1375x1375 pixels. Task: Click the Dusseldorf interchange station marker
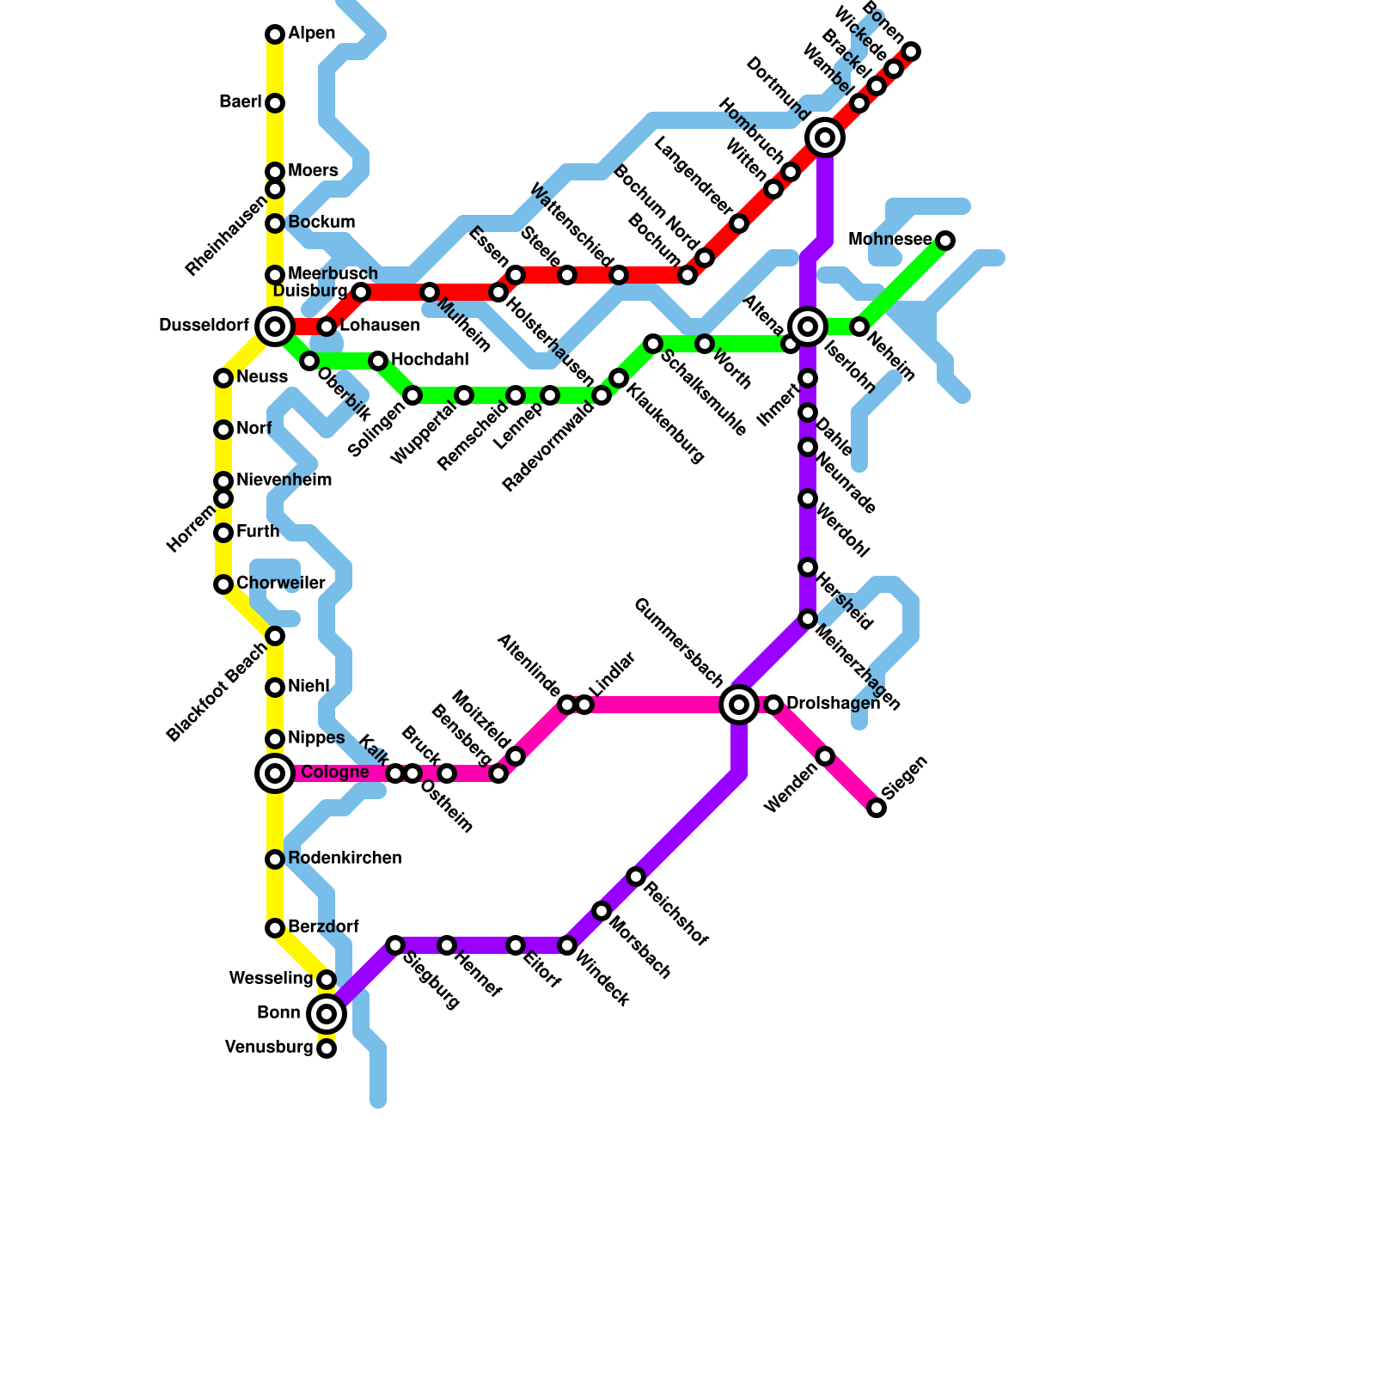tap(275, 327)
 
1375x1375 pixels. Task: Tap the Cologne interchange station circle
tap(275, 773)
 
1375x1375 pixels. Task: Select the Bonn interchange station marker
tap(327, 1014)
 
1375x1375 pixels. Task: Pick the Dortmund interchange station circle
tap(825, 137)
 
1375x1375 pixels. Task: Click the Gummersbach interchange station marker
tap(739, 705)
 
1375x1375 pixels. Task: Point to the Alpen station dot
tap(275, 34)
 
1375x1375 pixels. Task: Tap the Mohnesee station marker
tap(945, 241)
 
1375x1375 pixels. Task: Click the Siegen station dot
tap(877, 808)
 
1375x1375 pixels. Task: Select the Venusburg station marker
tap(327, 1048)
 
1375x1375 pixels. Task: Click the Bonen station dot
tap(911, 52)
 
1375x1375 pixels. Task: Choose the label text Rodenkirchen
tap(345, 859)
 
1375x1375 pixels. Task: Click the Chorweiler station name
tap(281, 584)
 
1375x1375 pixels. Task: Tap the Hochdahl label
tap(430, 359)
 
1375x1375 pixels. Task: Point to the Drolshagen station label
tap(833, 704)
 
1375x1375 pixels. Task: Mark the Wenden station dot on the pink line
tap(825, 756)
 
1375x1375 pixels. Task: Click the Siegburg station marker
tap(395, 945)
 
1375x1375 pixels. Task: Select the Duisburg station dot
tap(361, 292)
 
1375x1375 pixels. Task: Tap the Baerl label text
tap(240, 102)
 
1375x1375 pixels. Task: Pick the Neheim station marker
tap(859, 327)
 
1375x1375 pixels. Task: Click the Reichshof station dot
tap(636, 877)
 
